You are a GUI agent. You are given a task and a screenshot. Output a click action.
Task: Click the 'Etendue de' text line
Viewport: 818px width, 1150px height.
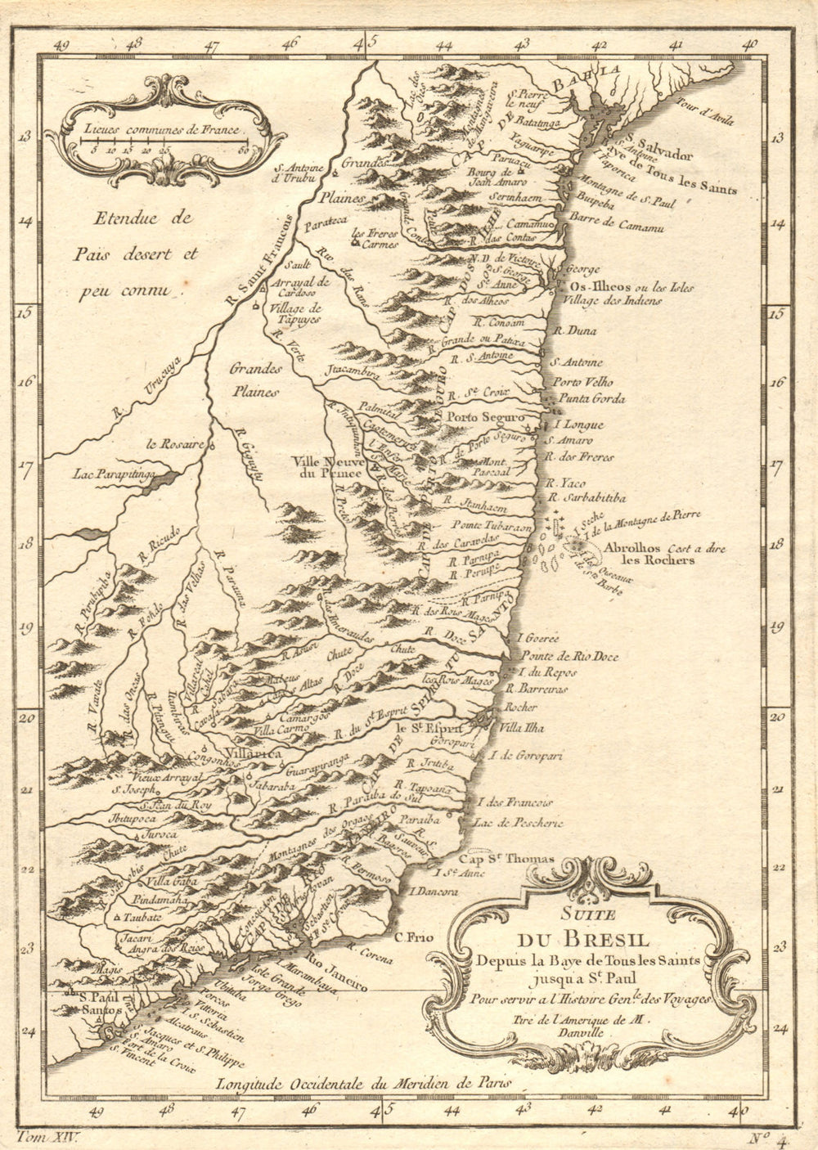pos(142,218)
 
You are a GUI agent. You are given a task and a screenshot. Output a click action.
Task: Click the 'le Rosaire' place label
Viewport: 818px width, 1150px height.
pos(174,444)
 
